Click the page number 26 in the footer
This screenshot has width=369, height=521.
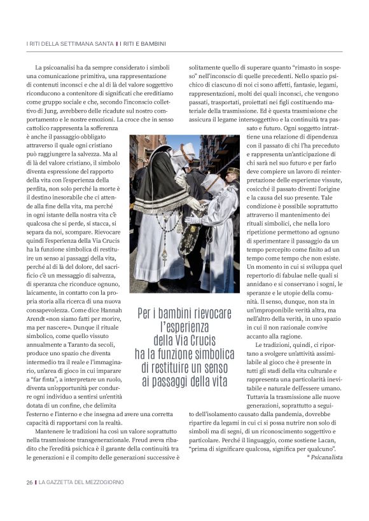[x=29, y=482]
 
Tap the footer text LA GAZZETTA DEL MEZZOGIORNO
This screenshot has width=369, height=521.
[x=81, y=482]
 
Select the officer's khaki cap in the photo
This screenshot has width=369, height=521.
[x=232, y=171]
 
